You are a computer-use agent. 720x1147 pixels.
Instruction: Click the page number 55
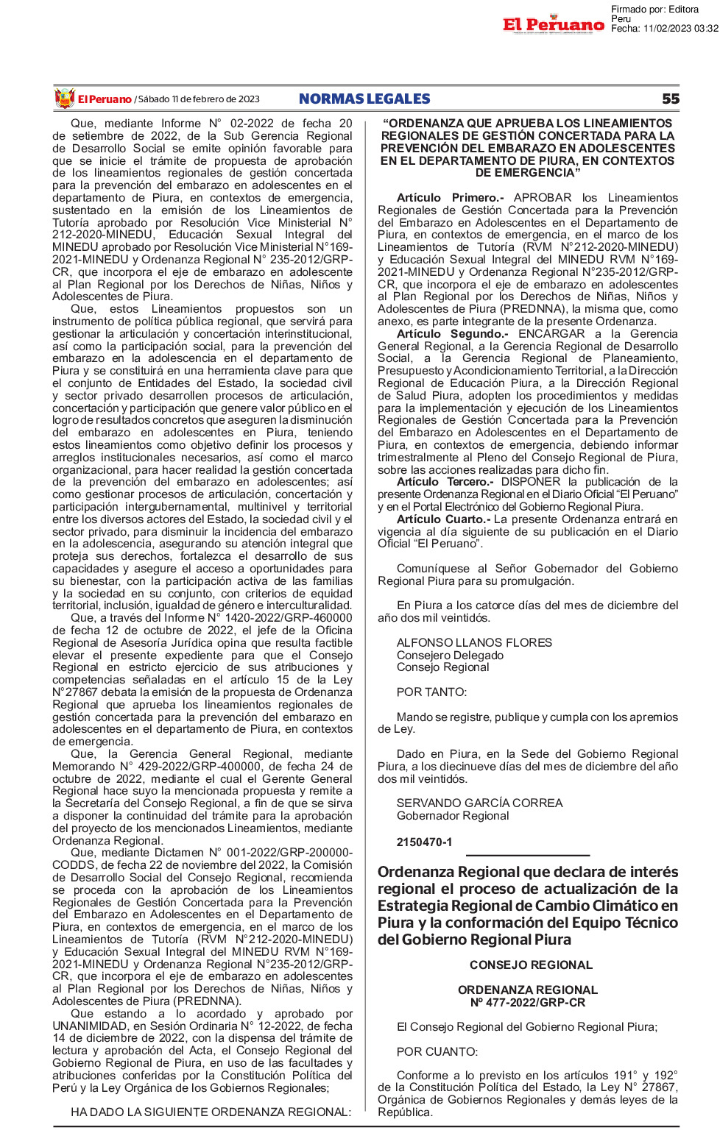pyautogui.click(x=670, y=99)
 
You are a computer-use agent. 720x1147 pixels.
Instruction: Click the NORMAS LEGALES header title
pyautogui.click(x=364, y=99)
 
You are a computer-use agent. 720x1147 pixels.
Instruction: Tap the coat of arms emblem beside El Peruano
pyautogui.click(x=65, y=99)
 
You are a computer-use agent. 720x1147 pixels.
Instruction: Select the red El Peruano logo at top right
pyautogui.click(x=554, y=24)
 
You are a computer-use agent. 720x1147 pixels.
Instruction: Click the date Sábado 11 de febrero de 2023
pyautogui.click(x=199, y=99)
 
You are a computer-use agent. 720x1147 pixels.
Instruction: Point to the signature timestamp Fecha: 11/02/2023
pyautogui.click(x=664, y=29)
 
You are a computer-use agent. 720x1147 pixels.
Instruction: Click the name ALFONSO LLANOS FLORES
pyautogui.click(x=474, y=642)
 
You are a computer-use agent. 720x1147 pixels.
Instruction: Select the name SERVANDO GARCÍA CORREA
pyautogui.click(x=479, y=803)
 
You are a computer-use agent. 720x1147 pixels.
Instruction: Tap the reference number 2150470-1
pyautogui.click(x=424, y=842)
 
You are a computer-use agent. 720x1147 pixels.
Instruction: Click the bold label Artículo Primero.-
pyautogui.click(x=450, y=198)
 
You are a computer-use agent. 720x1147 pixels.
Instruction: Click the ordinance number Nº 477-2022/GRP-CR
pyautogui.click(x=528, y=1002)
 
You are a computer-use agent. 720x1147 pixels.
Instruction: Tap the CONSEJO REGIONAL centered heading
pyautogui.click(x=531, y=965)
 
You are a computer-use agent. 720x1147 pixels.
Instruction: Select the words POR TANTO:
pyautogui.click(x=431, y=692)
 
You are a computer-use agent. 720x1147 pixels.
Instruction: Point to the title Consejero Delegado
pyautogui.click(x=450, y=655)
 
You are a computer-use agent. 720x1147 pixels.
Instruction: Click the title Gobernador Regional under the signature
pyautogui.click(x=453, y=815)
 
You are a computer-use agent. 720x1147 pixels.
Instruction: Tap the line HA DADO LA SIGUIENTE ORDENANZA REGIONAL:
pyautogui.click(x=211, y=1112)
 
